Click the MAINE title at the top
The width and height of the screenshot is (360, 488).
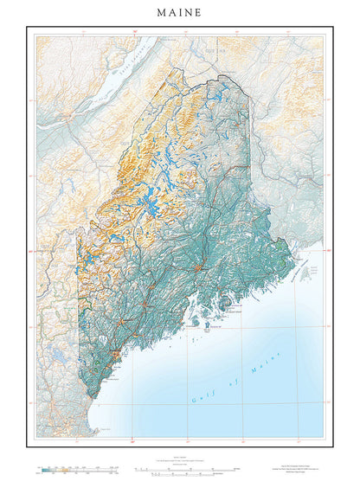point(180,13)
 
